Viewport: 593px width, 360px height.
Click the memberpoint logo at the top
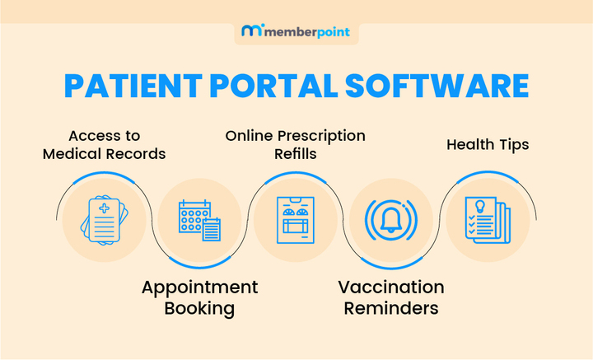(296, 32)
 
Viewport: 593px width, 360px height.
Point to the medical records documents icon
(103, 220)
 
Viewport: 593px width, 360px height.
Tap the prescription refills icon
(296, 220)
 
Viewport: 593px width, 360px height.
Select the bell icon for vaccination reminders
(391, 221)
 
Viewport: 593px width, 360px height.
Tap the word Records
(138, 153)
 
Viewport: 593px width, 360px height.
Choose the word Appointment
(199, 288)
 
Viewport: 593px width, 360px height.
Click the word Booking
(199, 309)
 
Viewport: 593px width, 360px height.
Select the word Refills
(296, 153)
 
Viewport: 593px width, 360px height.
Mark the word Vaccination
(391, 288)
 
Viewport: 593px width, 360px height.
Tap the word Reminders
(391, 309)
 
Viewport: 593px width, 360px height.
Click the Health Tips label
(488, 145)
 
